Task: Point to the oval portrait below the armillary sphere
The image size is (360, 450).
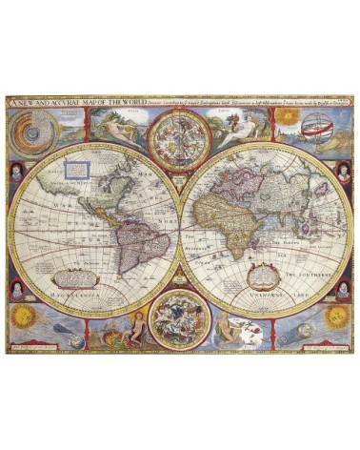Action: click(x=342, y=172)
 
